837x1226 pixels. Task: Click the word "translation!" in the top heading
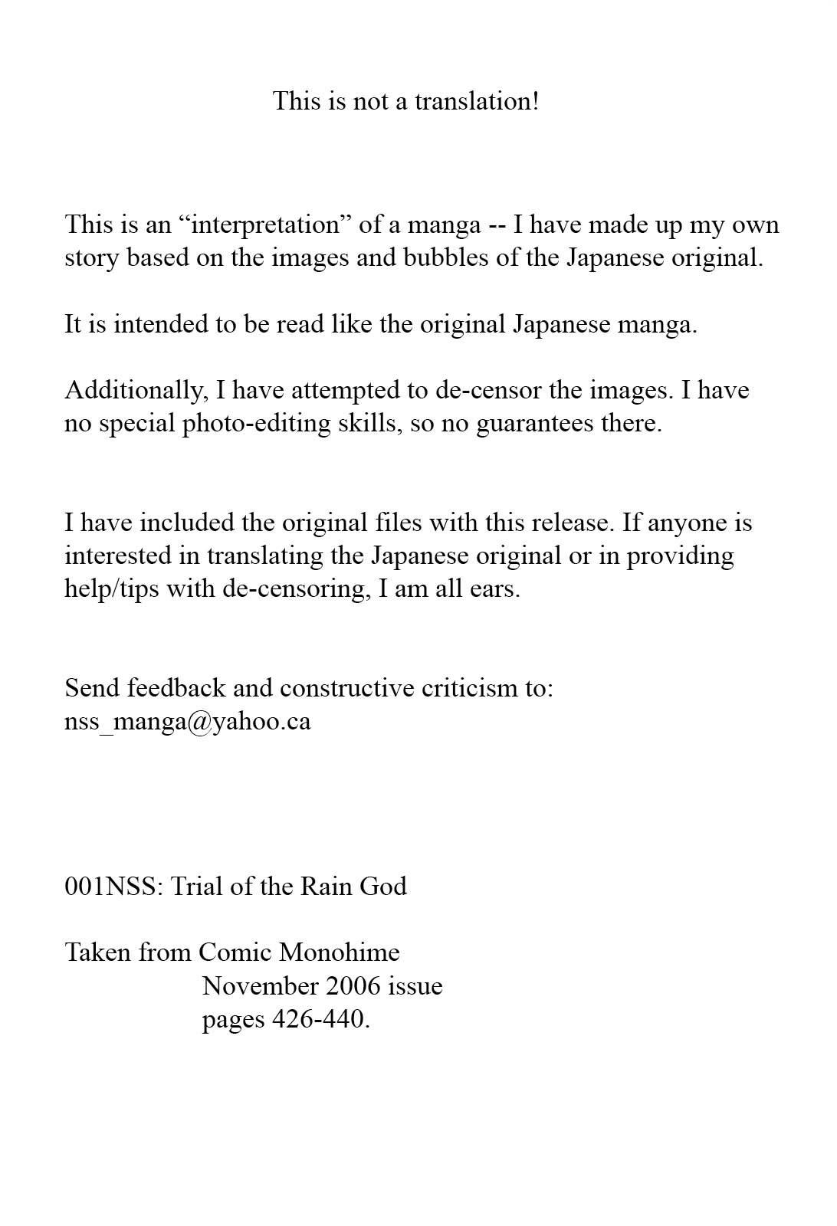coord(477,101)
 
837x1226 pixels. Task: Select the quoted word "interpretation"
coord(265,225)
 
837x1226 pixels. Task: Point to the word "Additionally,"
coord(136,391)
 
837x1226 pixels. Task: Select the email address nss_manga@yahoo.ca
coord(188,722)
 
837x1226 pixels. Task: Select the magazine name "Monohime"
coord(340,952)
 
